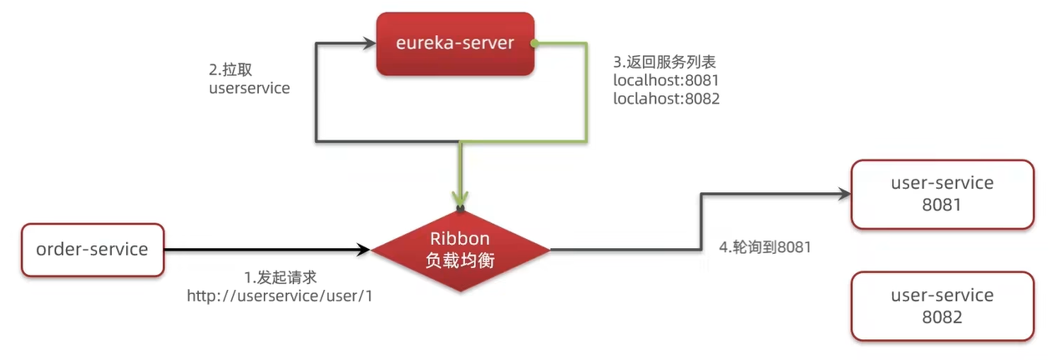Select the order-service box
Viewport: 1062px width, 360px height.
click(92, 249)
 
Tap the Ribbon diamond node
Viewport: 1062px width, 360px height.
click(460, 249)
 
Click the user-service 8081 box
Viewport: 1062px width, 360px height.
click(942, 194)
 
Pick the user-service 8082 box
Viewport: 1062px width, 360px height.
click(942, 306)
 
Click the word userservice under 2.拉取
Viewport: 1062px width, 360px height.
click(249, 87)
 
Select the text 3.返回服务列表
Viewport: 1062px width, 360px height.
click(665, 62)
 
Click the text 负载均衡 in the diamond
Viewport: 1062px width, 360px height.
click(460, 259)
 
